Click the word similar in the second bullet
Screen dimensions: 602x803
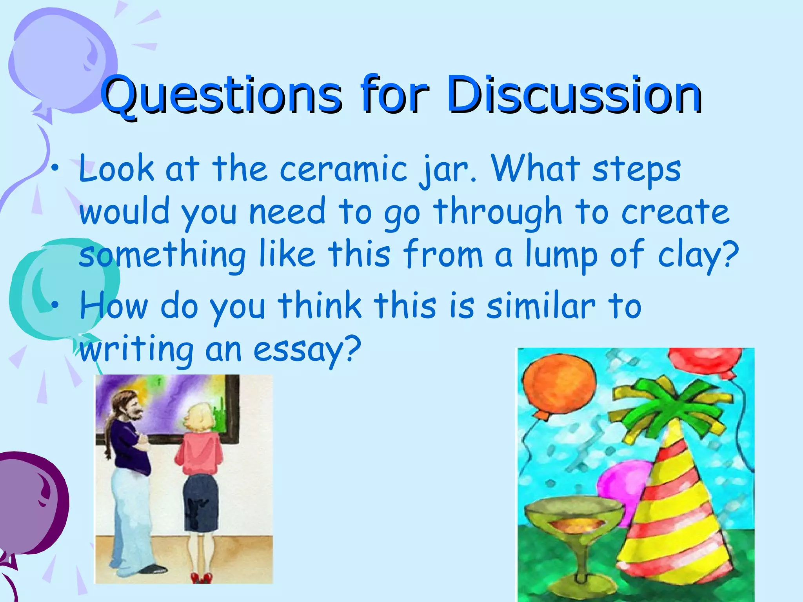pos(541,306)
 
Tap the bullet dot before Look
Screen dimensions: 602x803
pos(57,169)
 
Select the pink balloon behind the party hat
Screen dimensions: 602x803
pos(623,486)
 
